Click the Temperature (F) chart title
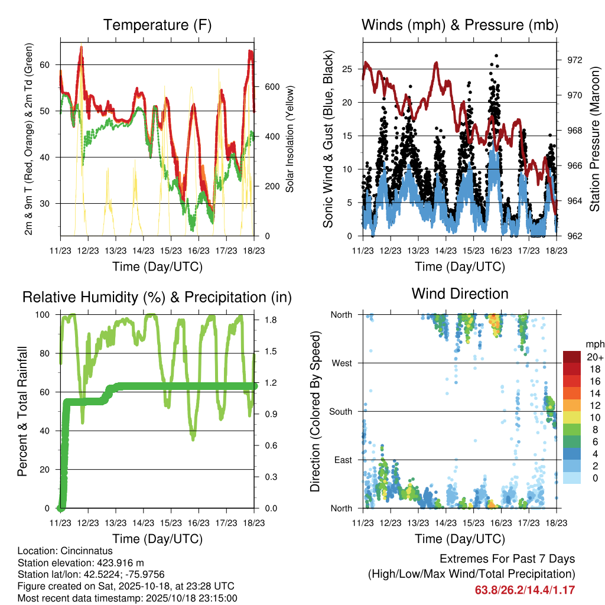[157, 25]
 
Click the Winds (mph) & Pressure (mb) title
[460, 25]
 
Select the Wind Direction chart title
[460, 293]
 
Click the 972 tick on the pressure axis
[574, 60]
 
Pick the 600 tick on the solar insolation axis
[272, 87]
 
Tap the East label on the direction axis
[342, 460]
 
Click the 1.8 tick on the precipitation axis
[269, 320]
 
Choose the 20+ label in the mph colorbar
[594, 357]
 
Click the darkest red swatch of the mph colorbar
[572, 357]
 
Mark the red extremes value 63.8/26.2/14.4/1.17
[525, 590]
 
